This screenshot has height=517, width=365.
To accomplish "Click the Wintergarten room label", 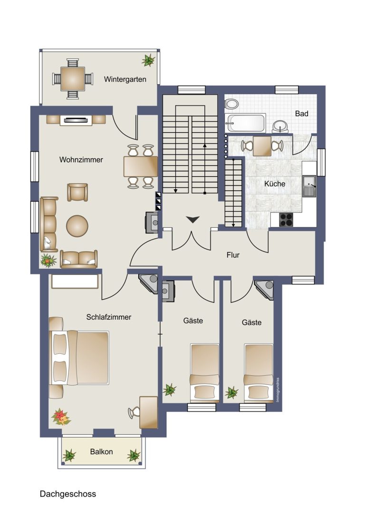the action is pos(125,79).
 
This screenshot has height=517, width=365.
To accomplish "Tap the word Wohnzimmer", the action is pos(81,160).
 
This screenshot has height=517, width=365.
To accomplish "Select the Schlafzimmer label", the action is pos(109,317).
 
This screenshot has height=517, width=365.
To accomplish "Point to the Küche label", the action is pos(275,184).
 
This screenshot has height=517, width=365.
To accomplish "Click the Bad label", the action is pos(302,113).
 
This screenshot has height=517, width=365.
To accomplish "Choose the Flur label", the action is pos(233,255).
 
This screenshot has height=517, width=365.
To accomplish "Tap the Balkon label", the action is pos(101,452).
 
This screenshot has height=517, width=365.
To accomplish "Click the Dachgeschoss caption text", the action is pos(68,494).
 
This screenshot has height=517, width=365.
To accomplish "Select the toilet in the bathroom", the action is pos(231,104).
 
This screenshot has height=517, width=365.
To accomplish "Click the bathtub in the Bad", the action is pos(245,123).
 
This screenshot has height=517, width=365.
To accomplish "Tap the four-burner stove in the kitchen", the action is pos(286,220).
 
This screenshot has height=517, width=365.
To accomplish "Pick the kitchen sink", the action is pos(309,186).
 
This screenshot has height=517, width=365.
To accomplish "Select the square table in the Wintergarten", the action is pos(72,79).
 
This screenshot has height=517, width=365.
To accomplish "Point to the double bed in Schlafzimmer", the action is pos(79,358).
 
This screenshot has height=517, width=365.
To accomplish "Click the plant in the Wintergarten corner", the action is pos(148,60).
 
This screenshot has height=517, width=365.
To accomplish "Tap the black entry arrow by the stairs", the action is pos(192,219).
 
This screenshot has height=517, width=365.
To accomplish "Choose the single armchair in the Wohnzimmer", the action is pos(77,192).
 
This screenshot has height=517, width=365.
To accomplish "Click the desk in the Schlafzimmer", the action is pos(149,412).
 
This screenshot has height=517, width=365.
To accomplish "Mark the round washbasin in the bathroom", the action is pos(280,127).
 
